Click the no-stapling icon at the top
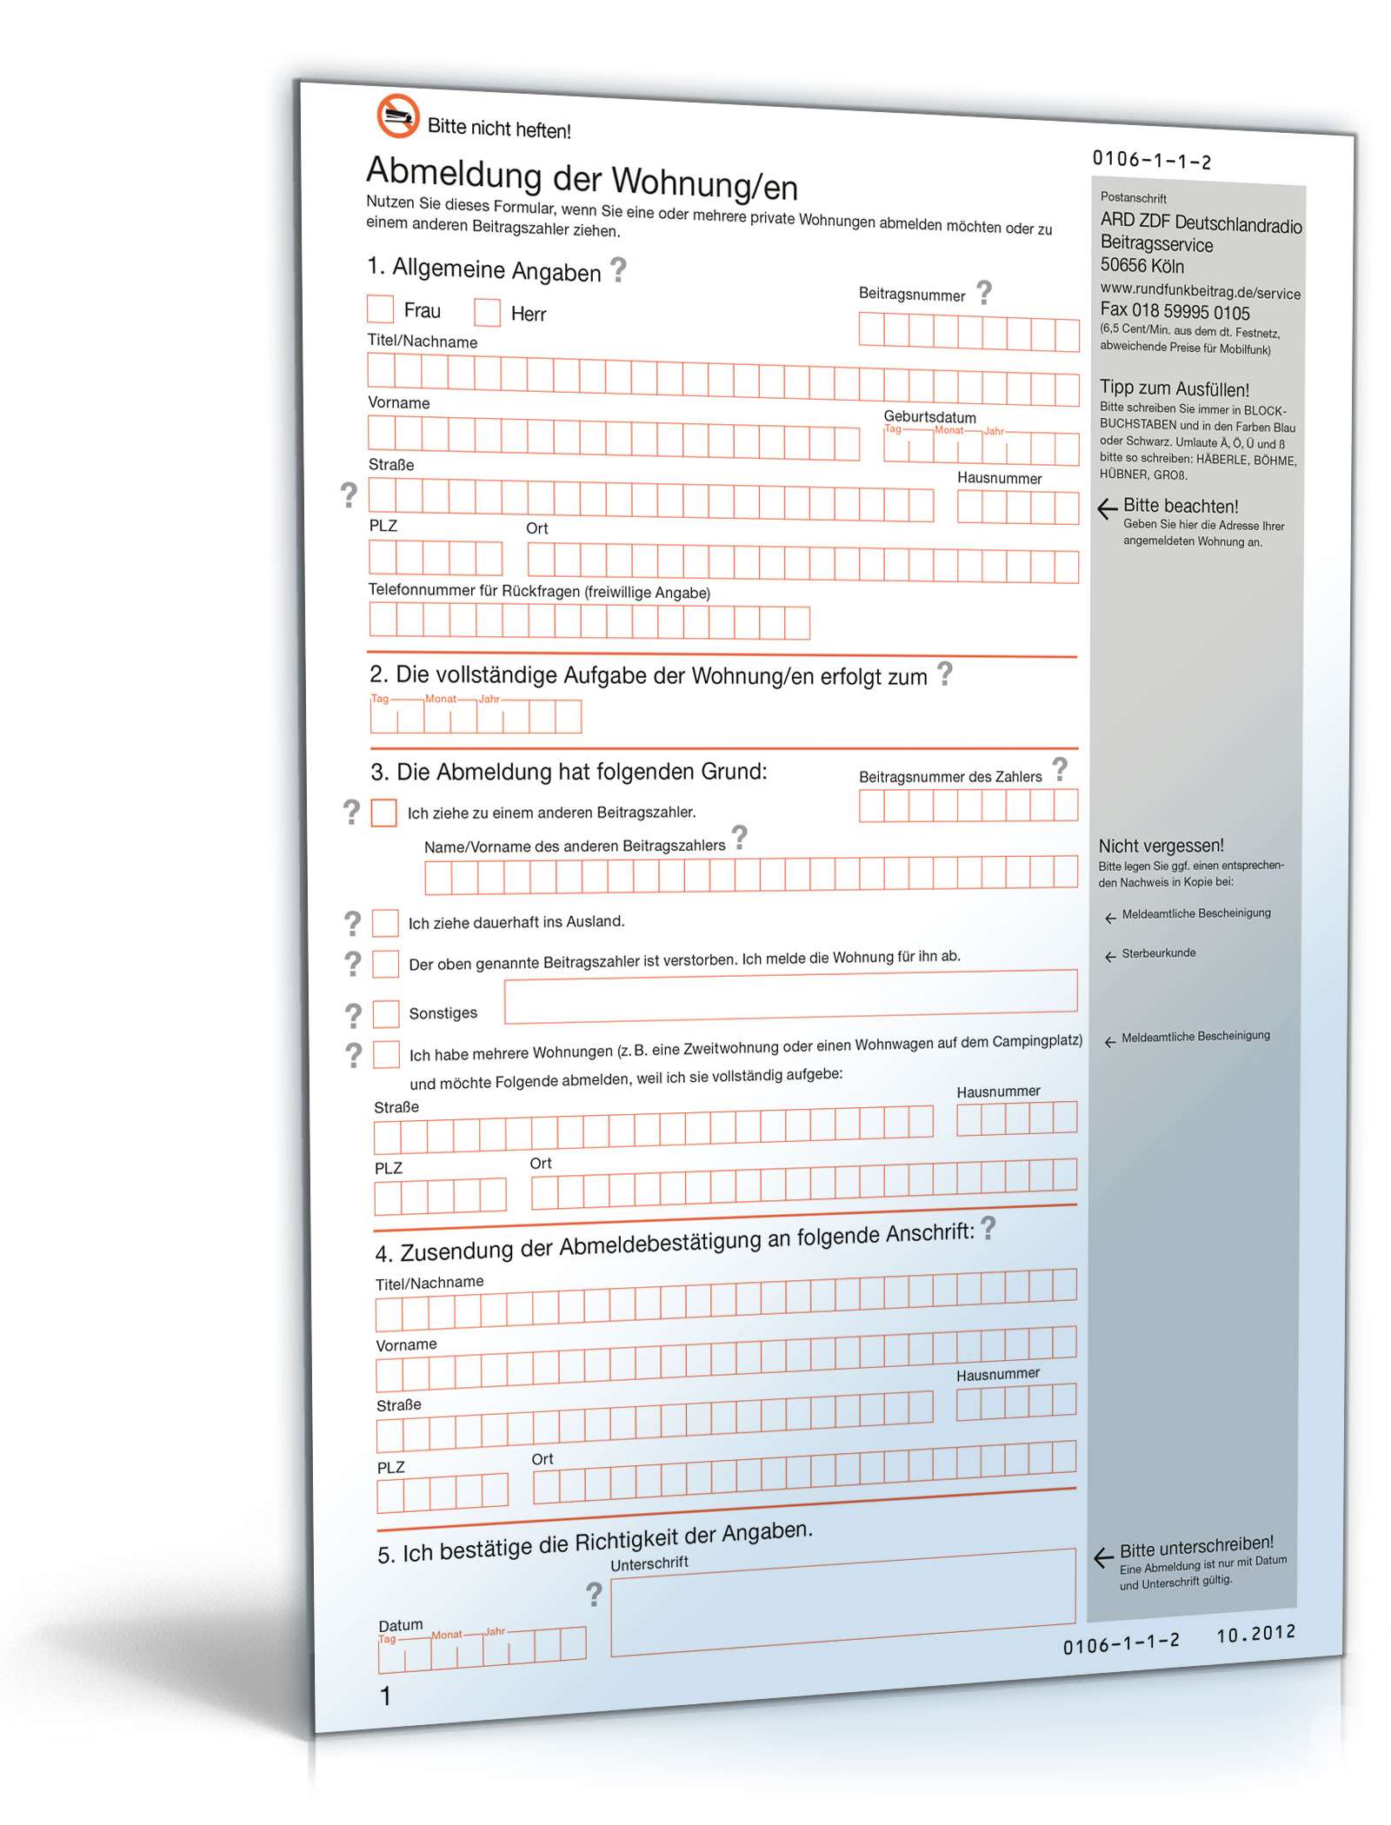click(397, 116)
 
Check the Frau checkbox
click(380, 309)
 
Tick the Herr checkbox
click(487, 312)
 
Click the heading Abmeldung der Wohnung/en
click(581, 178)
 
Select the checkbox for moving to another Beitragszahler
click(383, 813)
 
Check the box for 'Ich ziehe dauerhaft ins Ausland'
click(385, 923)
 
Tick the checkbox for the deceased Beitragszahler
click(385, 964)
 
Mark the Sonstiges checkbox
click(386, 1013)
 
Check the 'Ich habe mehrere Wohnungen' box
click(386, 1054)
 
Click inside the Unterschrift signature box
click(842, 1604)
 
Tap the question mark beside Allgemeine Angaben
click(618, 270)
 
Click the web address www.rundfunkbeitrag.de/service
click(1200, 291)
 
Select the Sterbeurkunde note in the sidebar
click(1158, 953)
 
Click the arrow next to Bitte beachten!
click(1107, 508)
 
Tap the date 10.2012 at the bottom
click(1255, 1635)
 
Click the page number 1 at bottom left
click(386, 1696)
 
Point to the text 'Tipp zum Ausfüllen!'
click(1174, 388)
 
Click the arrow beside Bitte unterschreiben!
click(1103, 1557)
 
